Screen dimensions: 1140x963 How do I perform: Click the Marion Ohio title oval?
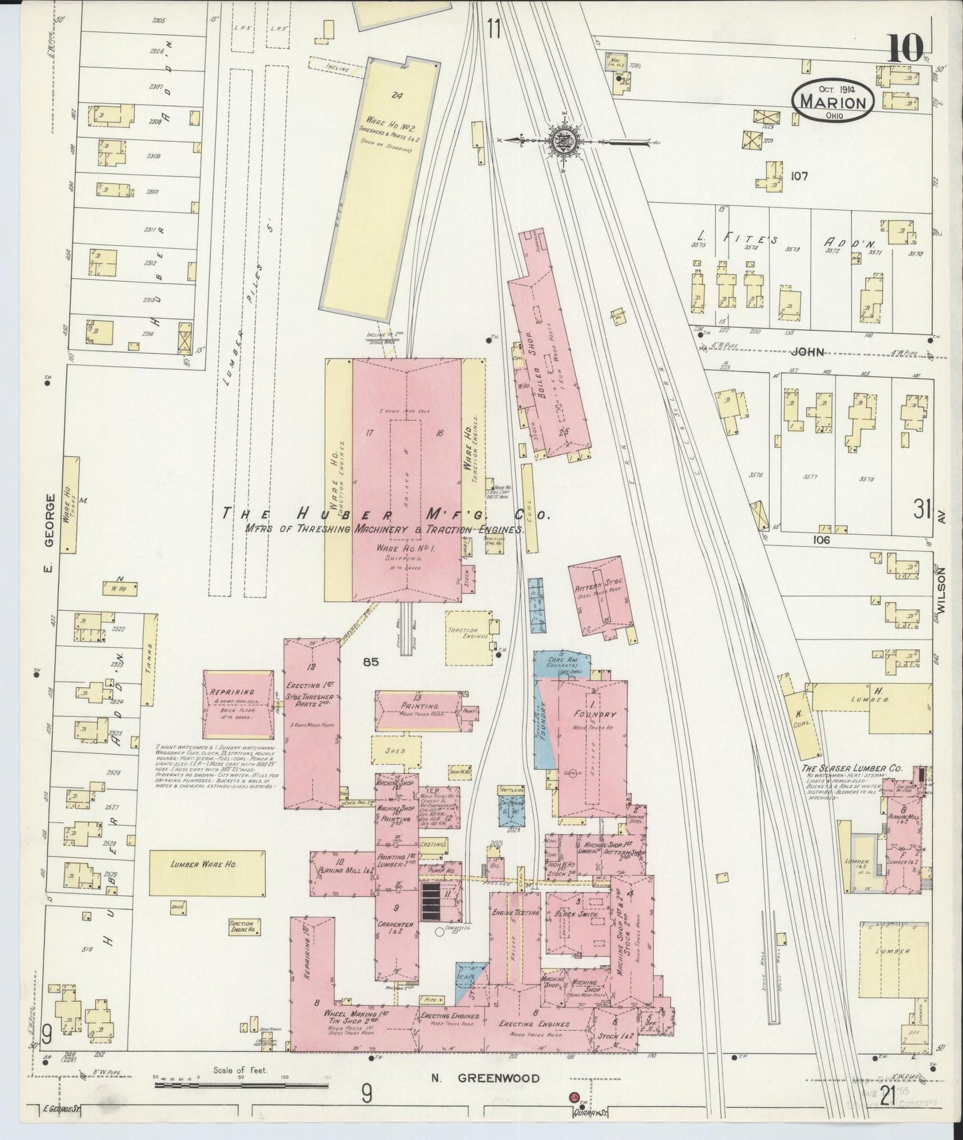tap(833, 102)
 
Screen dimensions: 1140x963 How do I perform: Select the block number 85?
tap(371, 662)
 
